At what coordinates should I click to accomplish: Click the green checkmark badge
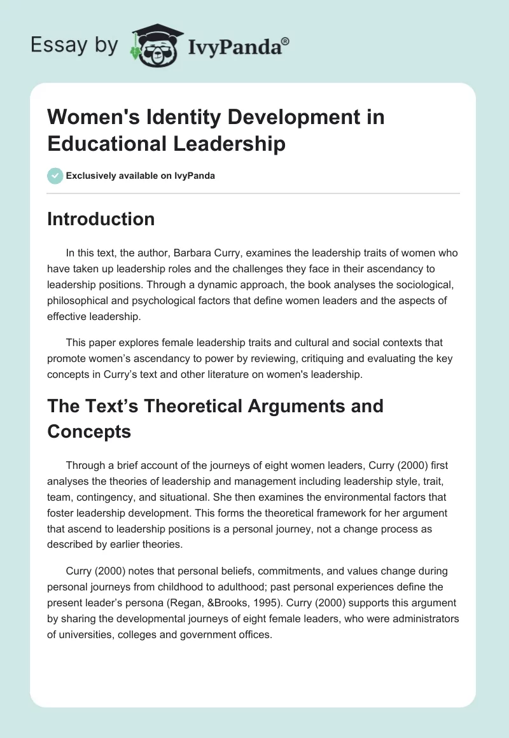click(55, 176)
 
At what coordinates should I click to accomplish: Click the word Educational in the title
click(99, 144)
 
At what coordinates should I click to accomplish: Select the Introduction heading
click(101, 219)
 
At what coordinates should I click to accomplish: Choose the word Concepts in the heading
click(89, 431)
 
